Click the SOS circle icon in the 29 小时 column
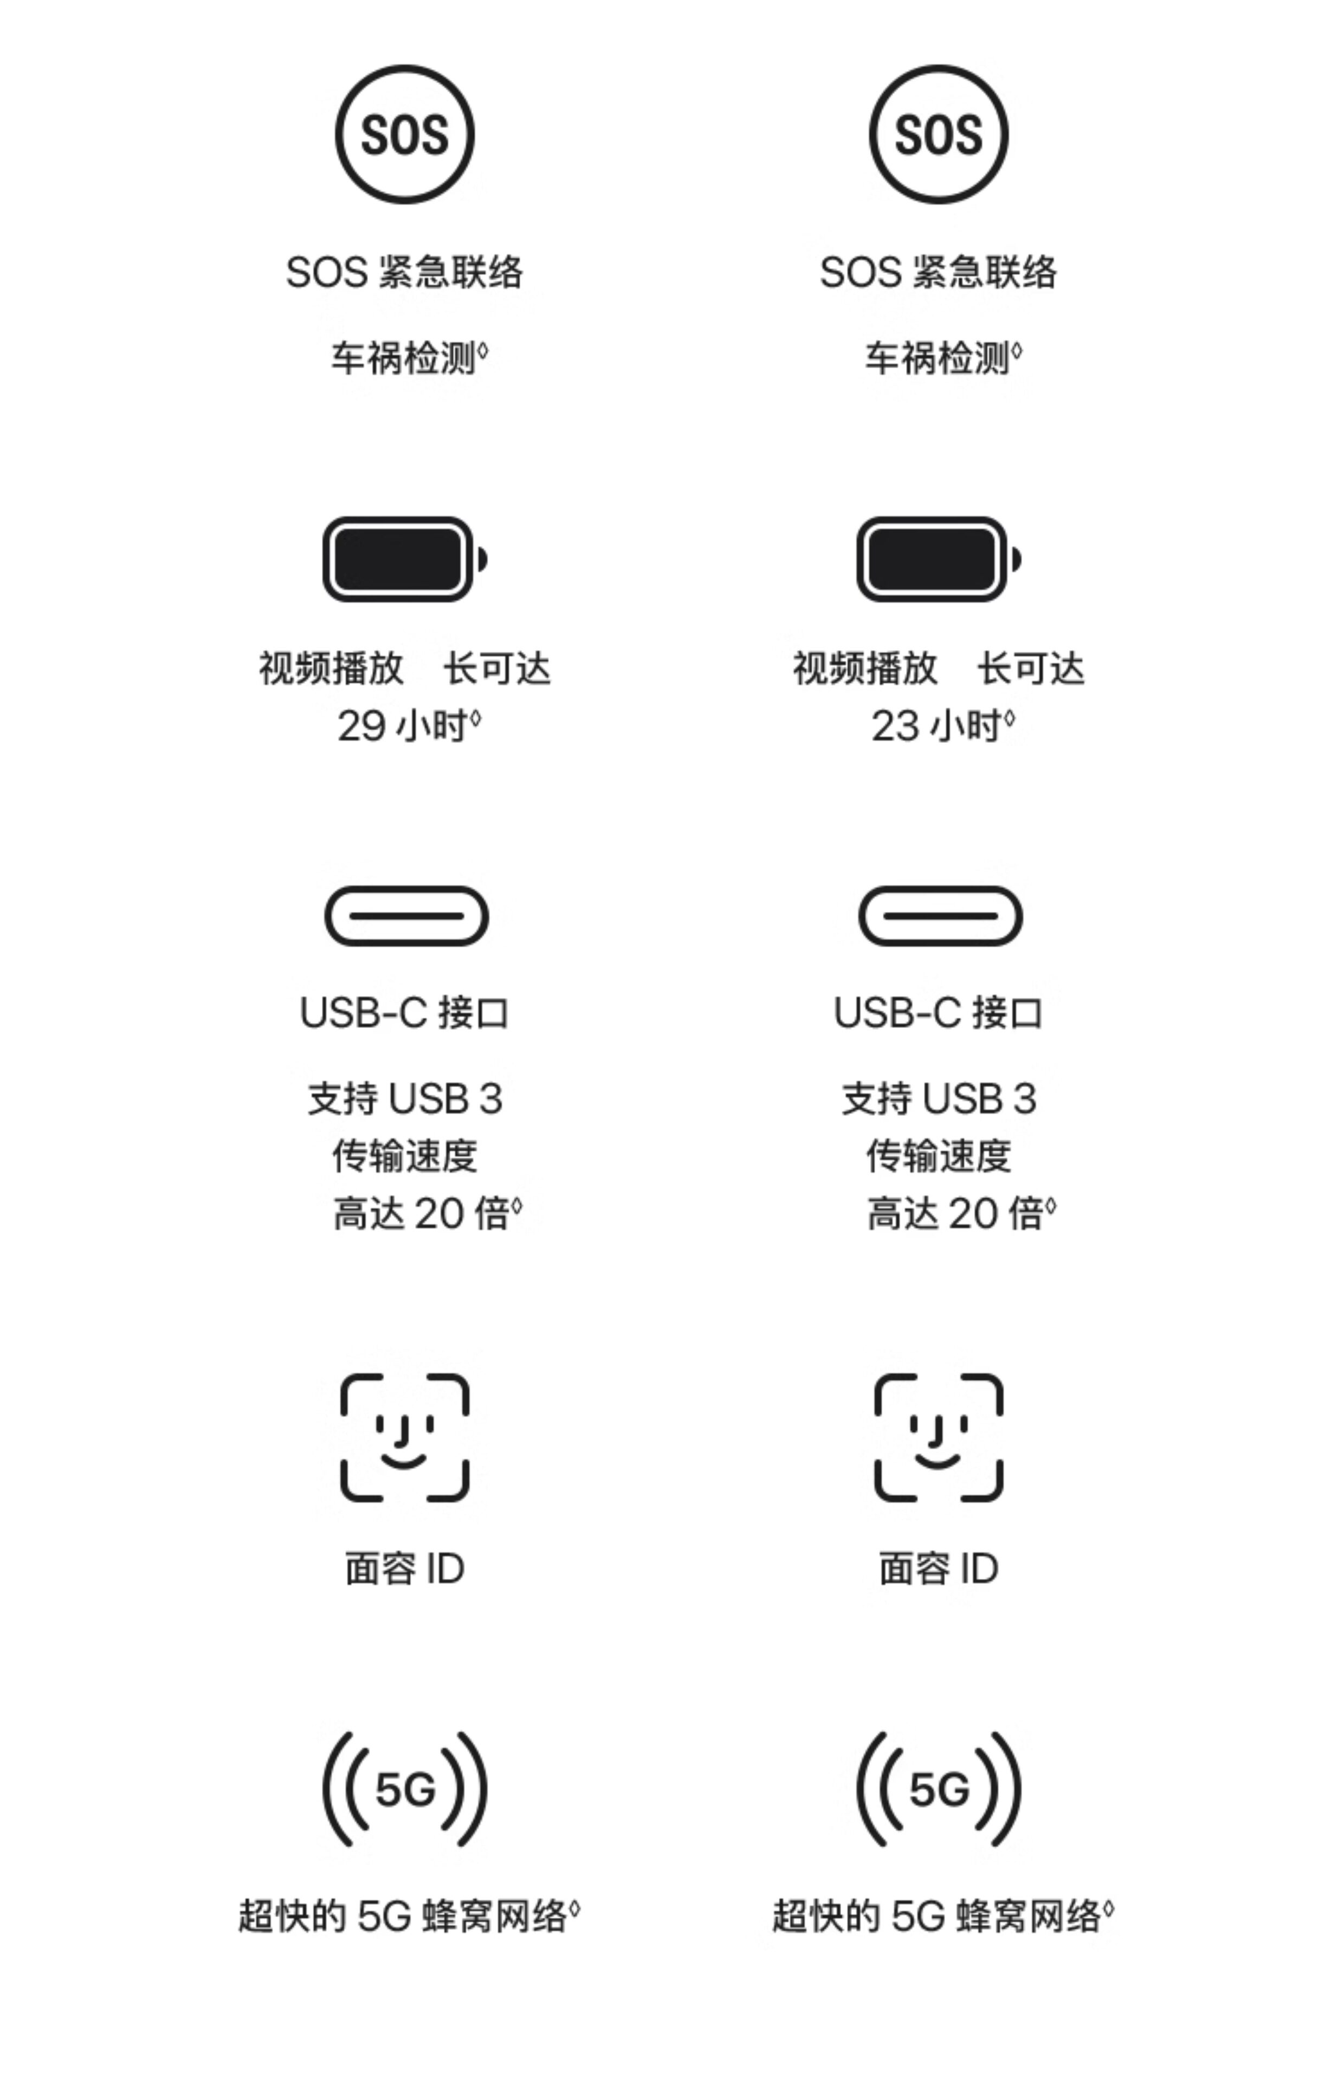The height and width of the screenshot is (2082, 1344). pos(404,134)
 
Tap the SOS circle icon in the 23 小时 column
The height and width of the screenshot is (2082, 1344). pos(938,134)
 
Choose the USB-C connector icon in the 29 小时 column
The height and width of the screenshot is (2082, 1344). pos(406,916)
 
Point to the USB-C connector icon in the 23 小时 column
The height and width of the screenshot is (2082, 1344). pos(940,916)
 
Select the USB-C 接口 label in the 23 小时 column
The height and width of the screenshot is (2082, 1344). pos(938,1013)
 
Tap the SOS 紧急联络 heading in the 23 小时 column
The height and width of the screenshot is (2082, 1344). pos(938,272)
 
